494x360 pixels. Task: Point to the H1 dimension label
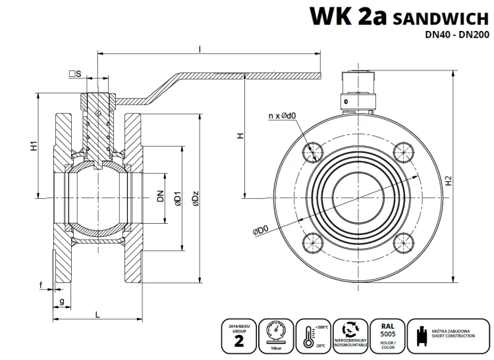coord(33,145)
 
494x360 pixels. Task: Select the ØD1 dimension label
coord(177,199)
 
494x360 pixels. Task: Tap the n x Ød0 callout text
coord(281,116)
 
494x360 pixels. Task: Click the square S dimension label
coord(74,74)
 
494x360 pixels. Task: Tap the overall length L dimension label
coord(97,313)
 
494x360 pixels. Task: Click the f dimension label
coord(41,285)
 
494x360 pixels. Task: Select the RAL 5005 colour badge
coord(384,334)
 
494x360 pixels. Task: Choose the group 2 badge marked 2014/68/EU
coord(238,334)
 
